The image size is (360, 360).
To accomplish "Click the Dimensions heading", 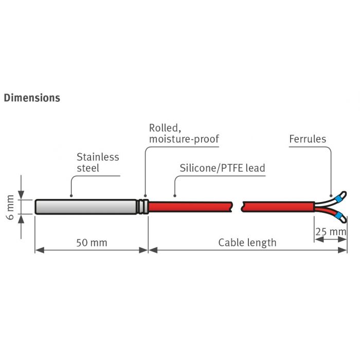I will tap(32, 97).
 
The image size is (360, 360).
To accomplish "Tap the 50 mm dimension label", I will tap(92, 242).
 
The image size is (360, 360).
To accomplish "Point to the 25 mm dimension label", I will tap(331, 232).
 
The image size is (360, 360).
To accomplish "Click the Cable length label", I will tap(247, 242).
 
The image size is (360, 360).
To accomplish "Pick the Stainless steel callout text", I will tap(98, 163).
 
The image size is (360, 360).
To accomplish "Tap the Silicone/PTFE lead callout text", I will tap(222, 168).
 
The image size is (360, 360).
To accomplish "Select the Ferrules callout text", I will tap(308, 139).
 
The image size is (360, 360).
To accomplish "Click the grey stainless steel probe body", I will tap(85, 206).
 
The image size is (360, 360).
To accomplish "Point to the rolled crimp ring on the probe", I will tap(143, 206).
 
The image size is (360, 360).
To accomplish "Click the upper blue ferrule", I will tap(338, 197).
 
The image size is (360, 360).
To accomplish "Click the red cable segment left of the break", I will tap(190, 206).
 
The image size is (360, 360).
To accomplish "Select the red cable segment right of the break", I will tap(278, 206).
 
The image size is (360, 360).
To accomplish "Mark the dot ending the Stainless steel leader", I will tap(71, 195).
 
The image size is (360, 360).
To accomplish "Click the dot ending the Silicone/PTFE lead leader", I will tap(175, 195).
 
